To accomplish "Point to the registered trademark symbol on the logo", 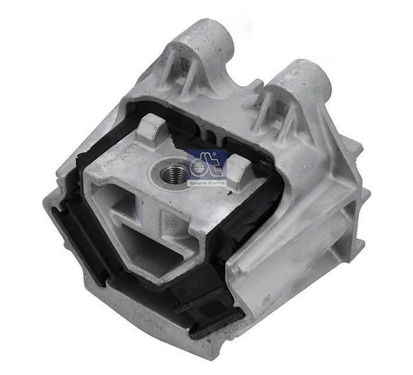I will click(x=223, y=152).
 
